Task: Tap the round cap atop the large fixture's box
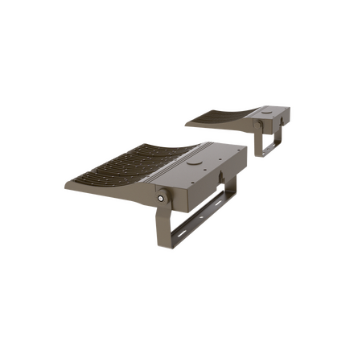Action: point(193,159)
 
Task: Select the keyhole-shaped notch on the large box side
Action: point(216,173)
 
